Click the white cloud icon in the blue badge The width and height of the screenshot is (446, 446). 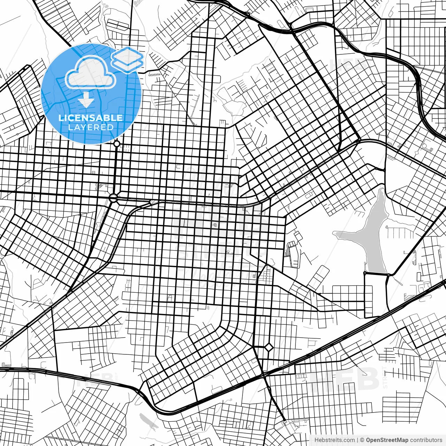coord(90,73)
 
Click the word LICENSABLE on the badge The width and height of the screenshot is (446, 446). coord(91,118)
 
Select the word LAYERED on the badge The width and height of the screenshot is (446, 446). coord(91,127)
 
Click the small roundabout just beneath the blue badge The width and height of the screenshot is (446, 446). coord(117,144)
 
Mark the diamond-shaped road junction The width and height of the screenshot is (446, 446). coord(269,347)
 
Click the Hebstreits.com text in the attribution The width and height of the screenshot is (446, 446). coord(334,440)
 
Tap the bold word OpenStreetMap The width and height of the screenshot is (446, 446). coord(387,440)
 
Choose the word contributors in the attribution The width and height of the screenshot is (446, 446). coord(426,440)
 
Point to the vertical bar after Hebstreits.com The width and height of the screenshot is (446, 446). coord(358,440)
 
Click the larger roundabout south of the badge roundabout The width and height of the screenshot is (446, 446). coord(113,198)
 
